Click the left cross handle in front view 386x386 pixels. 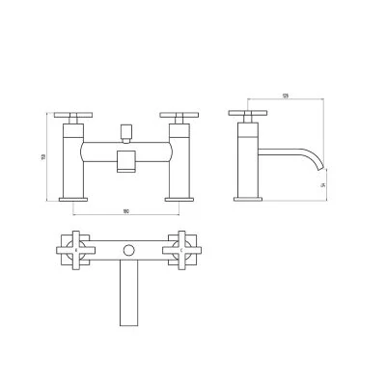coord(71,117)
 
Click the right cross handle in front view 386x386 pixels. coord(180,117)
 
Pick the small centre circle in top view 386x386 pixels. coord(126,251)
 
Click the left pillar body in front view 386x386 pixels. coord(72,159)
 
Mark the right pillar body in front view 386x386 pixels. coord(180,159)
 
